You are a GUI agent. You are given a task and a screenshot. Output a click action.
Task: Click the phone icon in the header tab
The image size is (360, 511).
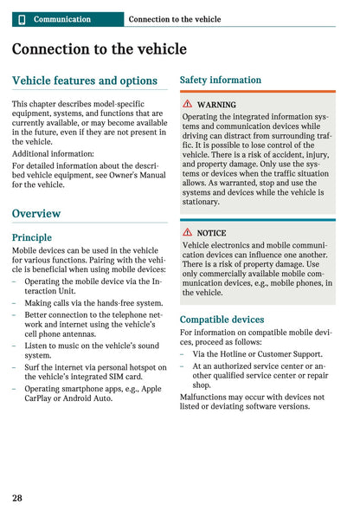[22, 19]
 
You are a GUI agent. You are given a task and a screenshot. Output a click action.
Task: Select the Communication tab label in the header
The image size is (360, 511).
[61, 19]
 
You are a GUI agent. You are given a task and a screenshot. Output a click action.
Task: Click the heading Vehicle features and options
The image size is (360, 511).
[85, 81]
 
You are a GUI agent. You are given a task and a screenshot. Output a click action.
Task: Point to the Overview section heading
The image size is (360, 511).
[36, 213]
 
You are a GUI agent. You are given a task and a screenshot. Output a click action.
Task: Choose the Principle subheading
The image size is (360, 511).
[32, 236]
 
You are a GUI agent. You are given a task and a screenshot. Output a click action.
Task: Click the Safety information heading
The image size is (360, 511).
[220, 80]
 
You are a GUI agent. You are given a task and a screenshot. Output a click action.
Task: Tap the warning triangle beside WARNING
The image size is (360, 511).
[187, 105]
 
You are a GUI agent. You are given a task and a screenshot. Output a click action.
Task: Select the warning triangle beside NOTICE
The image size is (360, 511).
[187, 233]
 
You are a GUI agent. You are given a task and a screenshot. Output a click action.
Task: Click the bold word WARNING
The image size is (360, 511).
[216, 105]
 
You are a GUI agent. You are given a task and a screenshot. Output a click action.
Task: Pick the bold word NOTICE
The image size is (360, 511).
[211, 233]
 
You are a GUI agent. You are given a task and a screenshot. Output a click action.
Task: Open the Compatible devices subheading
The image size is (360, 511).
[222, 320]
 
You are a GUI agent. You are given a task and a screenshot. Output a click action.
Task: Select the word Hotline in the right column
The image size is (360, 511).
[234, 353]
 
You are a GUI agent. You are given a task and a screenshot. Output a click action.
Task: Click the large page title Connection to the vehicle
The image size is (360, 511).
[99, 49]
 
